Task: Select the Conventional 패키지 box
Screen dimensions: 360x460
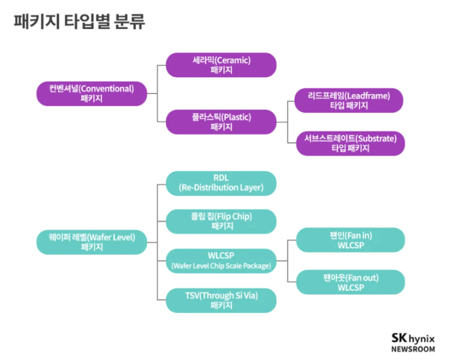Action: click(92, 93)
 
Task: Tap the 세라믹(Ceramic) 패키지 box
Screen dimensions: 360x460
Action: click(221, 65)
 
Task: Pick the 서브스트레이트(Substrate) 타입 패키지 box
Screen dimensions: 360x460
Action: click(350, 143)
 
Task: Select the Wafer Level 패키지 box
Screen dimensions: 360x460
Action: click(92, 241)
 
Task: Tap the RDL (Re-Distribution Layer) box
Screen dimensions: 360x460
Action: click(221, 183)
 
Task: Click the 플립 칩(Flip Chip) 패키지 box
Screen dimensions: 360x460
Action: click(221, 221)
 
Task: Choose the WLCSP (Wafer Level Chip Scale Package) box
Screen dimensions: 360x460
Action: click(221, 260)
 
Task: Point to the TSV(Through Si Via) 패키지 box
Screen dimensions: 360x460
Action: click(221, 300)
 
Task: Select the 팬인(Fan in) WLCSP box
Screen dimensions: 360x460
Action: click(351, 241)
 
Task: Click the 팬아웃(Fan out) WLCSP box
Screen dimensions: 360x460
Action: click(351, 281)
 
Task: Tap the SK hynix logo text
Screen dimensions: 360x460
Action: click(413, 338)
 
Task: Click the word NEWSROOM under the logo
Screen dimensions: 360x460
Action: click(413, 349)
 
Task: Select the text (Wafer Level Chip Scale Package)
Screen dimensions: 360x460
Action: click(221, 266)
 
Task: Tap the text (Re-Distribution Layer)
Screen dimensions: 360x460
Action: click(221, 187)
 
